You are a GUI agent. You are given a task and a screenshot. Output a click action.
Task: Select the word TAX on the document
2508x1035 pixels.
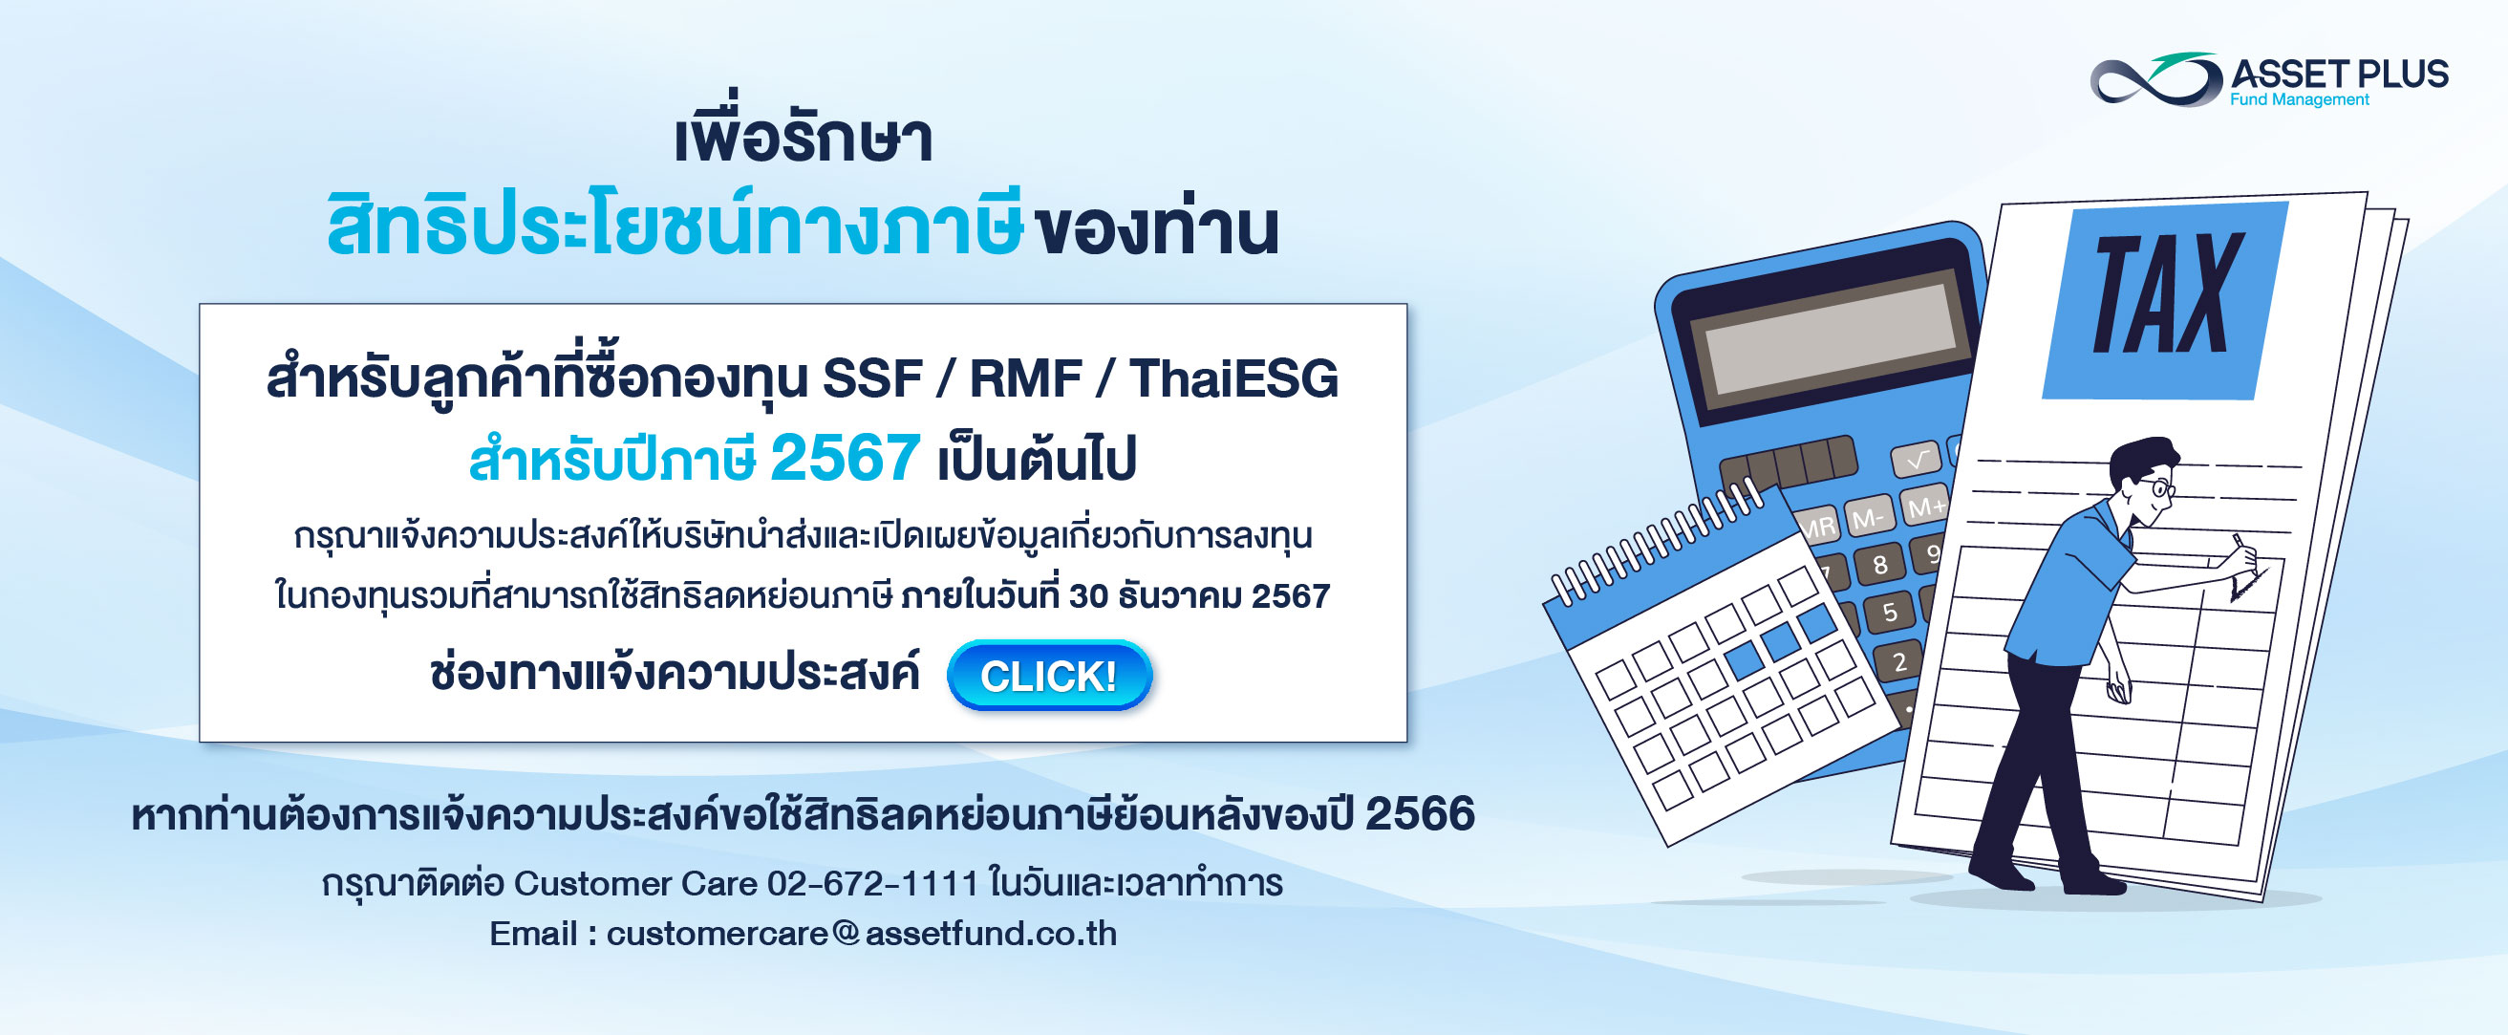2168,294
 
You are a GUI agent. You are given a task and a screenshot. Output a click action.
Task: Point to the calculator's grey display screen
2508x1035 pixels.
1831,332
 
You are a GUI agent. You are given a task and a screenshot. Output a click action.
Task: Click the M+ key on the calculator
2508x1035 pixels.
1926,507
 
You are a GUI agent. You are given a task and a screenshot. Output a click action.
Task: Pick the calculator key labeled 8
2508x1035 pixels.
1880,564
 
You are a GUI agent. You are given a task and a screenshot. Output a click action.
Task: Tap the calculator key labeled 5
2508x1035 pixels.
1890,612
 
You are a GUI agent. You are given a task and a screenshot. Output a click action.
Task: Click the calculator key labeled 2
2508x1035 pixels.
1899,662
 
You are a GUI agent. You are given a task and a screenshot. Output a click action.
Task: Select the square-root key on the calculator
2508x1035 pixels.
1915,459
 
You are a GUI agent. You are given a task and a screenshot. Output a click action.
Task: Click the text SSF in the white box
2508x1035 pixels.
872,378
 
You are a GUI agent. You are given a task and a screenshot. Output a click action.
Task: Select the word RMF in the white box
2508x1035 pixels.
1025,378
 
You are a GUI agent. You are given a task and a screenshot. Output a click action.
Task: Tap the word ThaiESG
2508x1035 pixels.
1233,378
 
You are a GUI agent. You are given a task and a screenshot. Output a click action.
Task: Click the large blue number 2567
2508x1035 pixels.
846,458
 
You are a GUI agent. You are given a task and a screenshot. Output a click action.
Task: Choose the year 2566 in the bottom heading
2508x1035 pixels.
1420,814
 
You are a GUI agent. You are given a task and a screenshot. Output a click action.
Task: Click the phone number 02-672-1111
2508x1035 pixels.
872,883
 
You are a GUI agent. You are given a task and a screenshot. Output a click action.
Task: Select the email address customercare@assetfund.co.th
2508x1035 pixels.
862,934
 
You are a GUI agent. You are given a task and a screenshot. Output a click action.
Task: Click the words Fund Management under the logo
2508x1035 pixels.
2300,99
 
